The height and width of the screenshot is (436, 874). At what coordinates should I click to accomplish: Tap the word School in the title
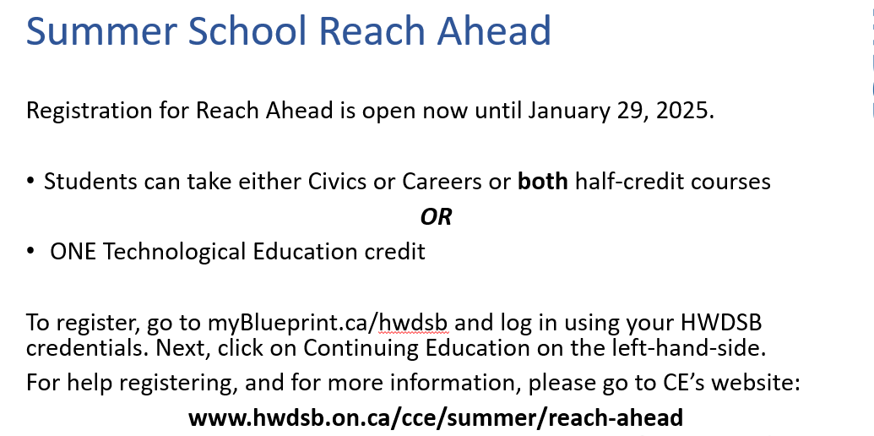(x=247, y=30)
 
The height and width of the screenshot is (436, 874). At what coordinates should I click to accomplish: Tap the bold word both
(x=543, y=181)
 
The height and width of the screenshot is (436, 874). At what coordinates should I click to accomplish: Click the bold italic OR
(x=436, y=216)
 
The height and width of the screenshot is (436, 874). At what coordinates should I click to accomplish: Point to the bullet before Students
(x=30, y=182)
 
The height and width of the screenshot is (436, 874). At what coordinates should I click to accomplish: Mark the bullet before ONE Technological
(x=30, y=252)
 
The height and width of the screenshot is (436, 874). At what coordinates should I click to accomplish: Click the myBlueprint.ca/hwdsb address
(x=328, y=323)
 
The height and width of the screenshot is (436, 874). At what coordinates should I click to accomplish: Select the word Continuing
(x=360, y=348)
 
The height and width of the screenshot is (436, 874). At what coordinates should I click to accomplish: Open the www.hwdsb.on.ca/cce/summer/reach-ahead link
(x=436, y=417)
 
